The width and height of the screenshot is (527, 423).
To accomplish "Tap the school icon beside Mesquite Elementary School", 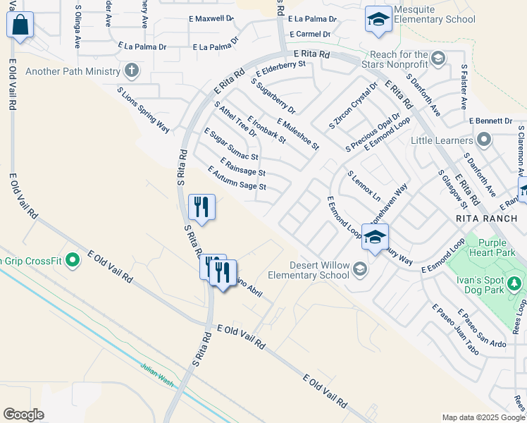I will pos(378,20).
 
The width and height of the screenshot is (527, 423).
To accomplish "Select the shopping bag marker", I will pos(20,25).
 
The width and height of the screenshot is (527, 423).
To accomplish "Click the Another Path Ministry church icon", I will pos(131,70).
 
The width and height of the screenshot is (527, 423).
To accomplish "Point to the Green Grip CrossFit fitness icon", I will pos(73,261).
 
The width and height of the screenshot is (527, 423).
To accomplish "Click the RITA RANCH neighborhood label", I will pos(486,219).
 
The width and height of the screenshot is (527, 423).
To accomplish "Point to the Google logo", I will pos(23,415).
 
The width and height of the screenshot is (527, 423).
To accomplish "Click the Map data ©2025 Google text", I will pos(483,417).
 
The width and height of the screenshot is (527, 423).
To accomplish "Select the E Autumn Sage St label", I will pos(237,178).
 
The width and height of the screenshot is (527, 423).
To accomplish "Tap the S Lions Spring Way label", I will pos(144,110).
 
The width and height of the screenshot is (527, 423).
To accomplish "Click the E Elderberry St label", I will pos(280,68).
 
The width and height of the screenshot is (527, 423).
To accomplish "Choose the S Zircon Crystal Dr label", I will pos(354,106).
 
